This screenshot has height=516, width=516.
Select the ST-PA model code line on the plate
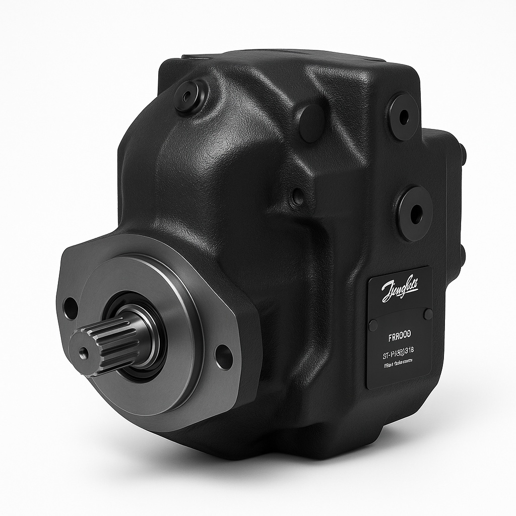(399, 350)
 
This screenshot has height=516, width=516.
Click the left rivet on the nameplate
(373, 325)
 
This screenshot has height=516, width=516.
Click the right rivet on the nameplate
(428, 314)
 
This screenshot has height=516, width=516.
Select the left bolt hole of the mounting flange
(70, 308)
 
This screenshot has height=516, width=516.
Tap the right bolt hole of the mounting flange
(223, 357)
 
